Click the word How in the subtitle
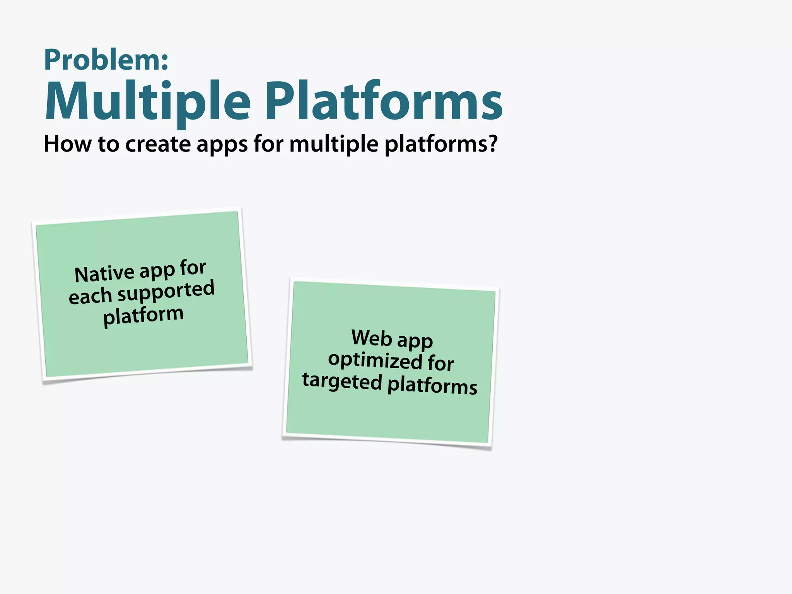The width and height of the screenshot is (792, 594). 67,144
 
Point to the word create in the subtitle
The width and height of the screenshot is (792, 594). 158,144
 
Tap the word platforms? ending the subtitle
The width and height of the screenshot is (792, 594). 441,145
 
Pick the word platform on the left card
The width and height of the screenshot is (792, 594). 143,315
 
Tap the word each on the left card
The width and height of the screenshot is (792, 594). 90,297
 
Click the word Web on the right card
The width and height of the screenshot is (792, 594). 372,337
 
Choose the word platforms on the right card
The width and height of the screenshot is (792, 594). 432,385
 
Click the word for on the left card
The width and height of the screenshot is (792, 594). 193,268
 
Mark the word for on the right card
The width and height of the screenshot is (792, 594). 440,363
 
